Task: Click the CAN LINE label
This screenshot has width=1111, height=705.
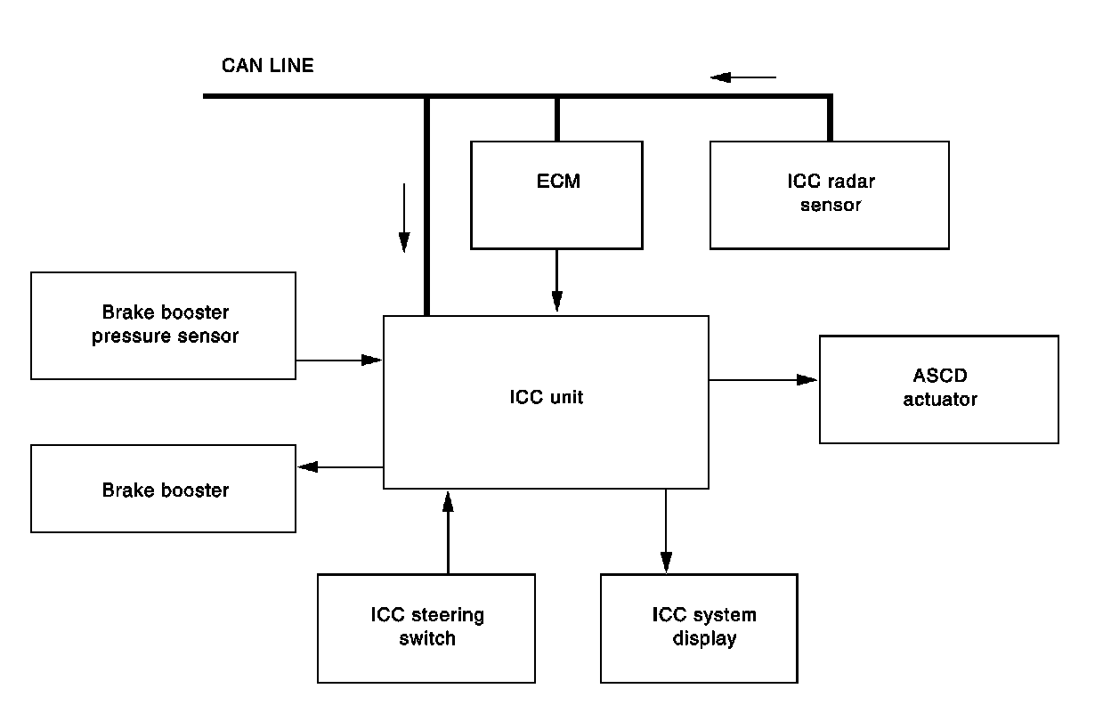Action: click(x=267, y=66)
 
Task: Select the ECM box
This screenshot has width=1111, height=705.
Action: click(x=556, y=195)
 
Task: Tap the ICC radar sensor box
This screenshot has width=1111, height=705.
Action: click(x=830, y=194)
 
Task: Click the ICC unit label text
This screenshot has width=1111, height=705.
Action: click(x=546, y=398)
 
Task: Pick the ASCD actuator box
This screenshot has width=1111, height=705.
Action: click(x=938, y=389)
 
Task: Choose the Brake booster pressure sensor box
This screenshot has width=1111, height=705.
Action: click(x=163, y=326)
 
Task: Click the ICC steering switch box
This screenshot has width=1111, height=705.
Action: click(x=426, y=628)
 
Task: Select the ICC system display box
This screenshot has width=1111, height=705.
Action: click(x=699, y=628)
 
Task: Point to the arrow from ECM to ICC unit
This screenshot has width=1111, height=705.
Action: click(x=556, y=280)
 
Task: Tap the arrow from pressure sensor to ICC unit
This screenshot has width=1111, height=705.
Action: click(x=339, y=361)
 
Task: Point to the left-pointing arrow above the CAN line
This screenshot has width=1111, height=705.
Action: click(x=743, y=77)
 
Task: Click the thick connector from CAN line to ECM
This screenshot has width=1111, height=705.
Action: click(x=557, y=118)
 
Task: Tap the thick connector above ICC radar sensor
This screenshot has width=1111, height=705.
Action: click(x=830, y=118)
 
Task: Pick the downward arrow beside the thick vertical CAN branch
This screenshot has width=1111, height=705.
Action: click(x=404, y=217)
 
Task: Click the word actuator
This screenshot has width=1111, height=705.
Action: click(x=940, y=400)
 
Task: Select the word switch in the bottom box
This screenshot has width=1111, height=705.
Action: click(x=427, y=638)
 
